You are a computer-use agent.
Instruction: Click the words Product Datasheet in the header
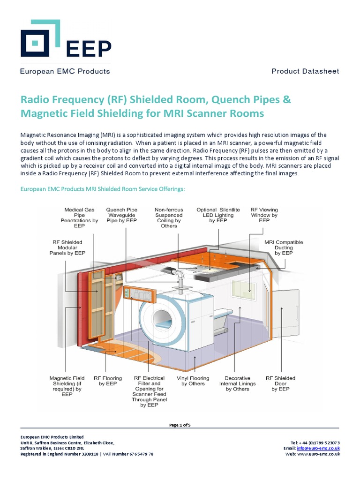[x=305, y=71]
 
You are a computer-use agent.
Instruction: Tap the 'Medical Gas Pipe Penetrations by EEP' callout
[x=79, y=217]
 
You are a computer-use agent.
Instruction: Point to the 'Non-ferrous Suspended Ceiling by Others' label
[x=169, y=217]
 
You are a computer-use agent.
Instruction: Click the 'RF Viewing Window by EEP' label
[x=264, y=215]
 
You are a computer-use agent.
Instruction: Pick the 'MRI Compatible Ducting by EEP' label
[x=284, y=247]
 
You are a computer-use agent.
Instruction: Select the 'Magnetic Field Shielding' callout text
[x=67, y=386]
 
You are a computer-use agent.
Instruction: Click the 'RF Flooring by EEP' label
[x=108, y=381]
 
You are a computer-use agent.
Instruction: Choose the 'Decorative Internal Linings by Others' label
[x=238, y=383]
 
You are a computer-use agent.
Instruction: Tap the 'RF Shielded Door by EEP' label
[x=280, y=383]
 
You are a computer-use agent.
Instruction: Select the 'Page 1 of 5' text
[x=180, y=425]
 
